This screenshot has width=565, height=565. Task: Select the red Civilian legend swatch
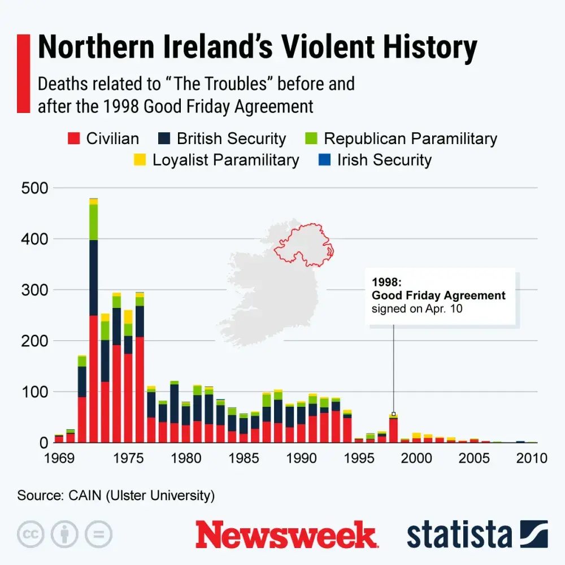point(74,138)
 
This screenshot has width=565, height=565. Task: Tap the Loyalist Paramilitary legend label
point(225,160)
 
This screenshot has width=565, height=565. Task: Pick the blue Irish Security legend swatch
point(324,160)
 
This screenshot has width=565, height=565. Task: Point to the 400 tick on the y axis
point(36,239)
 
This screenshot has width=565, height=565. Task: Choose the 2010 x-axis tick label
point(532,458)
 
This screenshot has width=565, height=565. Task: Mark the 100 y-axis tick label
point(36,392)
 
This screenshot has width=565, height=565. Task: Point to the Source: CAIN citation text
point(116,496)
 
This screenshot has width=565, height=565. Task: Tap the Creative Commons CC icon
point(31,534)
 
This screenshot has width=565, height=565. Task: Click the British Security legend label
point(231,138)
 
